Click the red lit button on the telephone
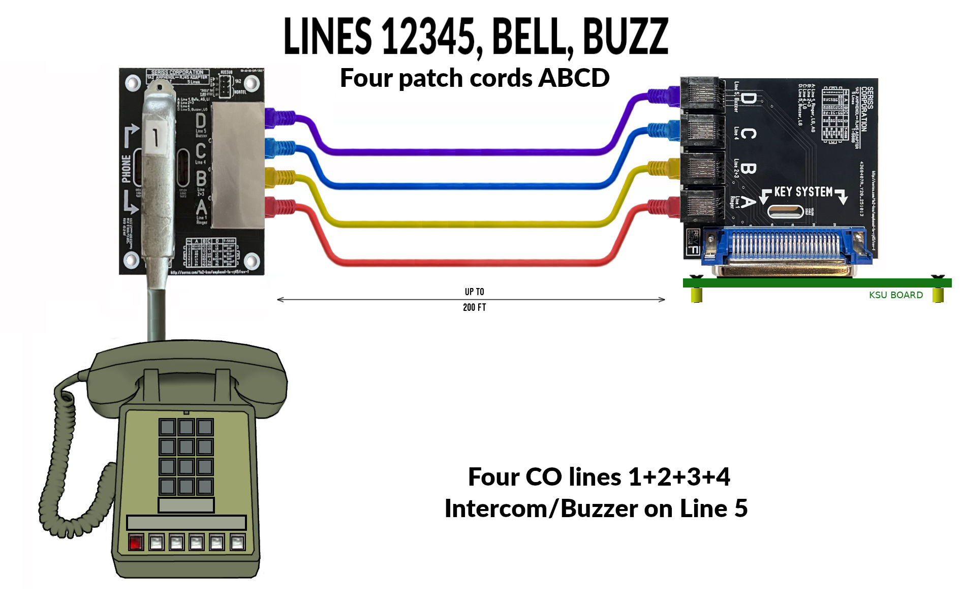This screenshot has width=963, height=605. pyautogui.click(x=136, y=543)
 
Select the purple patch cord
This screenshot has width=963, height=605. pyautogui.click(x=457, y=152)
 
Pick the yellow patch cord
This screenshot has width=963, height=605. pyautogui.click(x=457, y=224)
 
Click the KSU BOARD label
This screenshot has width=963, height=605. pyautogui.click(x=895, y=295)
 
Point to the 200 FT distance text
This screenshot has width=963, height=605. pyautogui.click(x=474, y=307)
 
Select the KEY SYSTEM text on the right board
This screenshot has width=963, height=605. pyautogui.click(x=803, y=192)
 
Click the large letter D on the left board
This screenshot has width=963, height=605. pyautogui.click(x=201, y=121)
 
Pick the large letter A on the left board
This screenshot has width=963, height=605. pyautogui.click(x=201, y=208)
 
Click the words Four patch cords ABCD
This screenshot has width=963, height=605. pyautogui.click(x=474, y=78)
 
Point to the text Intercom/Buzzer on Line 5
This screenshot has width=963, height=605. pyautogui.click(x=596, y=508)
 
